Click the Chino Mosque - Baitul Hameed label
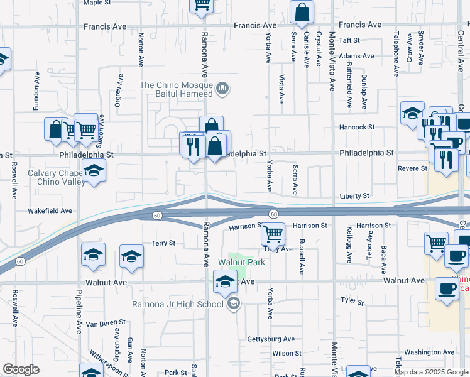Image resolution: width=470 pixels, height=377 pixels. pyautogui.click(x=176, y=89)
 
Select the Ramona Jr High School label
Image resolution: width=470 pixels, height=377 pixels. pyautogui.click(x=177, y=305)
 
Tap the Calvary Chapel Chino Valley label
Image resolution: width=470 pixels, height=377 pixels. pyautogui.click(x=55, y=178)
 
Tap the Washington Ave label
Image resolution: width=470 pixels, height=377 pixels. pyautogui.click(x=429, y=352)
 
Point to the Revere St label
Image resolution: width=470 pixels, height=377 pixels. pyautogui.click(x=413, y=168)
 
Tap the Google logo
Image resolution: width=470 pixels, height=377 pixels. pyautogui.click(x=21, y=369)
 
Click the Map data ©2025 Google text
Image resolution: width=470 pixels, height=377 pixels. pyautogui.click(x=431, y=372)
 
